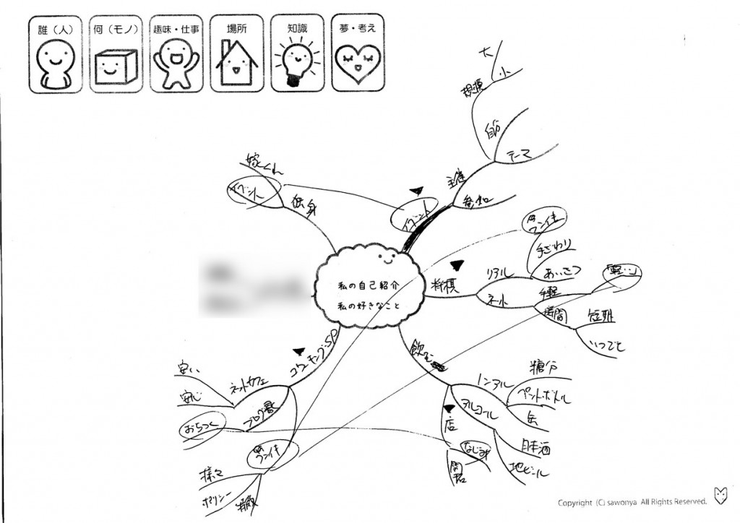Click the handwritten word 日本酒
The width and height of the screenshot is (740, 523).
tap(535, 447)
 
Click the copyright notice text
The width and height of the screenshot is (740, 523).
tap(632, 502)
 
